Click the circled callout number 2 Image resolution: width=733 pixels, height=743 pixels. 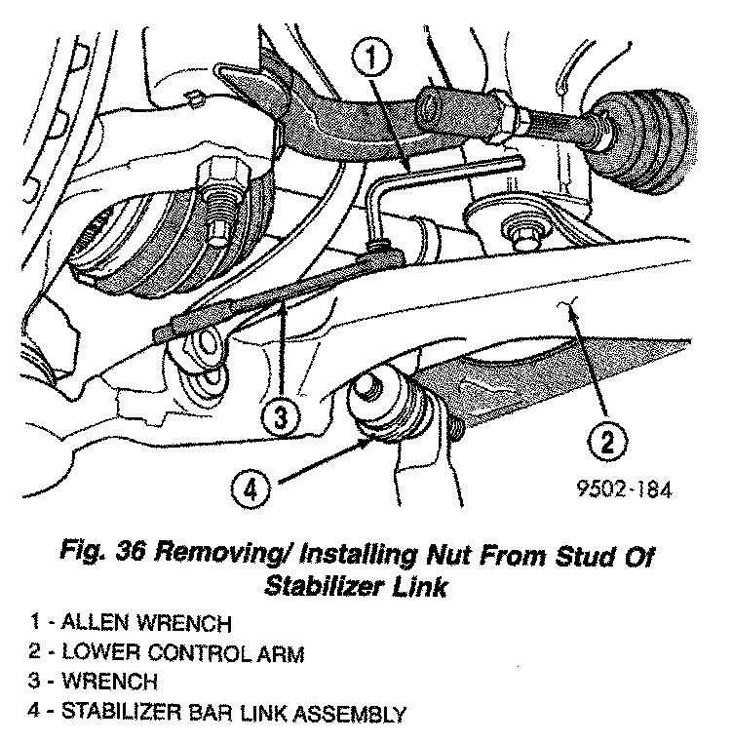pyautogui.click(x=606, y=442)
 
